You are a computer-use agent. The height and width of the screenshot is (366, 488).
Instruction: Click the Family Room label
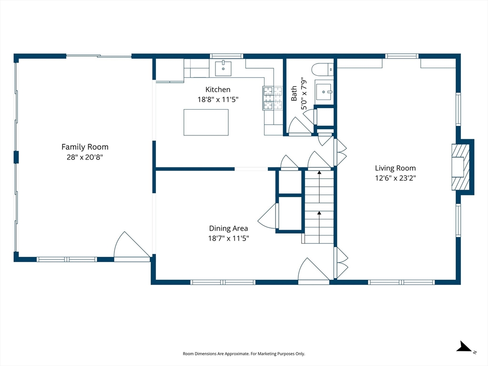click(85, 147)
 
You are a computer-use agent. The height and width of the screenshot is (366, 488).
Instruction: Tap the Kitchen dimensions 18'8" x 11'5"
click(218, 100)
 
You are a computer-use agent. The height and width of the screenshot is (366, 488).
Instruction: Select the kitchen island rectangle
click(206, 122)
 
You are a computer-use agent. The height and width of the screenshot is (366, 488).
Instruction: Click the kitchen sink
click(223, 69)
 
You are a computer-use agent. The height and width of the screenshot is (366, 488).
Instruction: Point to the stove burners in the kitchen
click(273, 98)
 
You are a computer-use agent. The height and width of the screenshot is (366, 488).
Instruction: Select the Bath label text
click(294, 94)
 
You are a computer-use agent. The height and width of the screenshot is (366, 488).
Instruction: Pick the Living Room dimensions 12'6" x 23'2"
click(395, 178)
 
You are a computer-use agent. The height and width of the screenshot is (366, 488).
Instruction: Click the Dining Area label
click(228, 228)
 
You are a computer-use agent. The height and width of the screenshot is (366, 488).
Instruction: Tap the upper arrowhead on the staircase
click(319, 172)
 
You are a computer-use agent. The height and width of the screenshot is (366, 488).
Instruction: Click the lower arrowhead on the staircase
click(319, 213)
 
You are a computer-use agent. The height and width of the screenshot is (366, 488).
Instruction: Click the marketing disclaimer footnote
click(244, 354)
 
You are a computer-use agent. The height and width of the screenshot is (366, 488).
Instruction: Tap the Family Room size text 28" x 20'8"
click(85, 157)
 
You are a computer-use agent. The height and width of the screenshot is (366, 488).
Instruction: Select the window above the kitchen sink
click(226, 56)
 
